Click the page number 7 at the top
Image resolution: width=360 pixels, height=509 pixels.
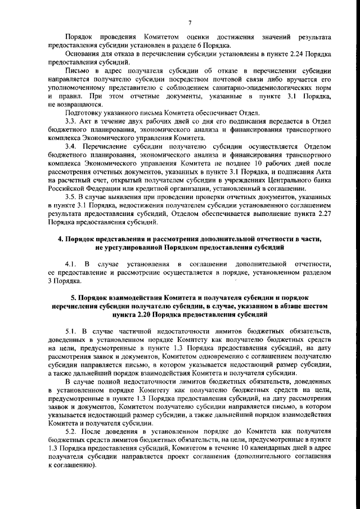[x=190, y=22]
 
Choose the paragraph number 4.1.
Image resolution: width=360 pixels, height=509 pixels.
[x=70, y=264]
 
